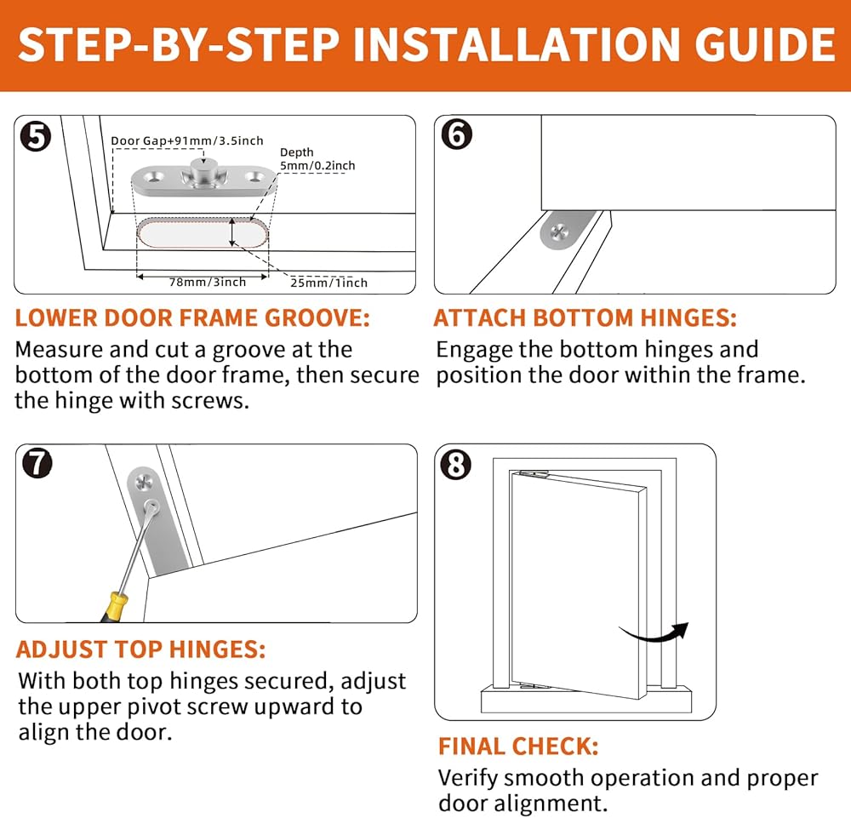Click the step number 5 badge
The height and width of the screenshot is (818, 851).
[x=36, y=136]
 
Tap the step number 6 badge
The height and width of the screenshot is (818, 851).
[x=457, y=134]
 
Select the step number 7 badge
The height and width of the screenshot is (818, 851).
[x=37, y=463]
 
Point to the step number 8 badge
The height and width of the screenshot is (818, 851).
[x=455, y=465]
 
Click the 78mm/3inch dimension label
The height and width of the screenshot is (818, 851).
[x=208, y=282]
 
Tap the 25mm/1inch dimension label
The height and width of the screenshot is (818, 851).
[x=328, y=283]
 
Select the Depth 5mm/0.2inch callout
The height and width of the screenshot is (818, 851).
[x=317, y=159]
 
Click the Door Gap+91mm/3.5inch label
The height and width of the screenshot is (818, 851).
[x=187, y=140]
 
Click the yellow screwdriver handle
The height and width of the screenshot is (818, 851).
[x=116, y=607]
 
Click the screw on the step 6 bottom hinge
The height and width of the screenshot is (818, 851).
[x=558, y=233]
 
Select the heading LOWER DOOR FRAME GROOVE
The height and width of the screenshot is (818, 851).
[x=192, y=318]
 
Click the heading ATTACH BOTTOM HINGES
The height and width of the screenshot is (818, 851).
[x=585, y=318]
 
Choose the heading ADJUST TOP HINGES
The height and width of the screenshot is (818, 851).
[x=140, y=649]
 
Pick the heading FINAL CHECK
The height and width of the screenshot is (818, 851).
[x=518, y=746]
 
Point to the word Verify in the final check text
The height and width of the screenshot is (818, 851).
[x=467, y=779]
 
